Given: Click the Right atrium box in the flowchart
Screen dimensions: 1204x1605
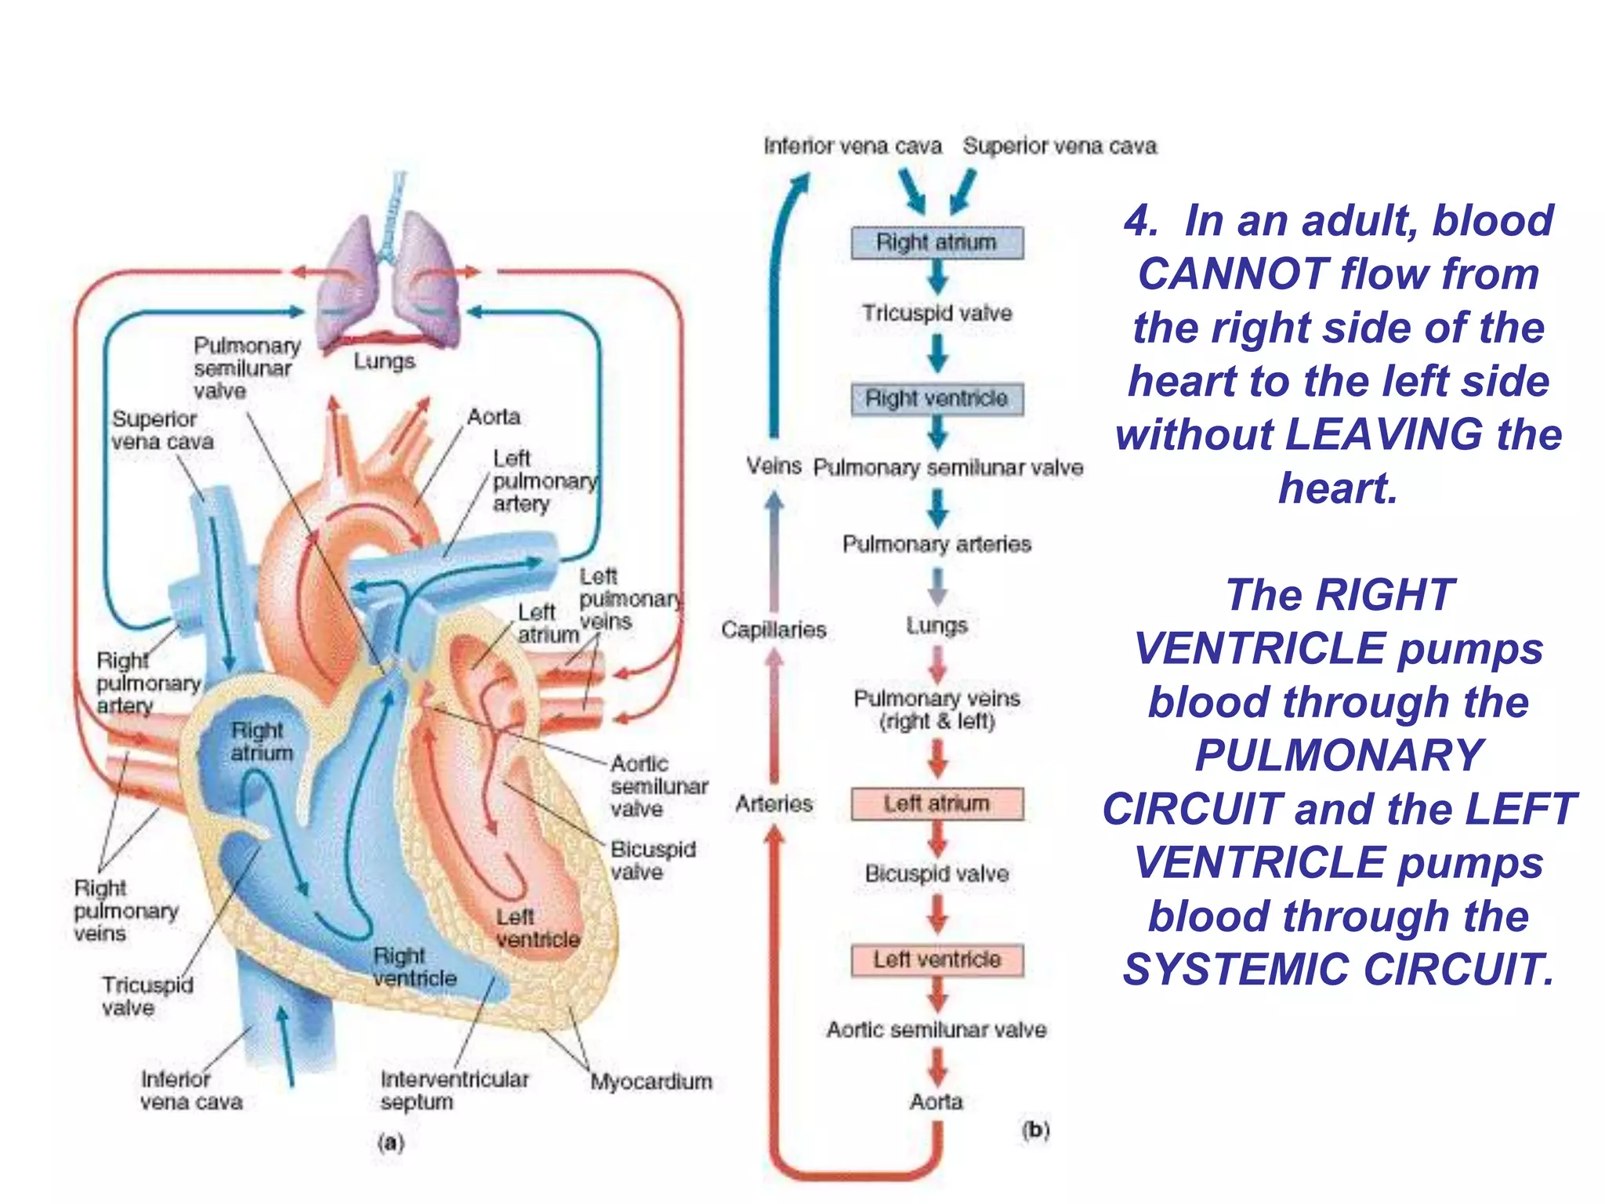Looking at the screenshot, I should [x=937, y=242].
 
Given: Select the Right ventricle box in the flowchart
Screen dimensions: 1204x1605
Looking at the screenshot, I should [x=937, y=398].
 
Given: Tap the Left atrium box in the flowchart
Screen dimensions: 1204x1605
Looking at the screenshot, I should [x=937, y=803].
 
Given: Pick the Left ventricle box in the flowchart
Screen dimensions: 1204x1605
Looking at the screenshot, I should [x=937, y=959].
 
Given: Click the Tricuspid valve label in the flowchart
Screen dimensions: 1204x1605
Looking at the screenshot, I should [x=937, y=313].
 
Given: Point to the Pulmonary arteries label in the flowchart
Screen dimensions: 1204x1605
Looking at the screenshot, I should [x=937, y=544].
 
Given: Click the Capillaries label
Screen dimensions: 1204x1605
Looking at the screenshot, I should [x=774, y=629].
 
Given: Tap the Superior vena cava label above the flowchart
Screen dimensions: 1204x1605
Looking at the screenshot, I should [x=1060, y=146].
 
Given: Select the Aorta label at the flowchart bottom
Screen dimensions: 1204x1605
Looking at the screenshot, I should [x=936, y=1101].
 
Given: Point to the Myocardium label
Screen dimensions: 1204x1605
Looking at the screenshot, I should [x=651, y=1082].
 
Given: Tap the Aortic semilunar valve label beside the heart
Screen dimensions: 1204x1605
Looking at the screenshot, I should [x=658, y=785].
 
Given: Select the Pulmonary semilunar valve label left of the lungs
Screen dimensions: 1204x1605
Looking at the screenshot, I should [x=245, y=368].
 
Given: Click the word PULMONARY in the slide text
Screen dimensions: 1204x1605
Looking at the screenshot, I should [x=1339, y=756].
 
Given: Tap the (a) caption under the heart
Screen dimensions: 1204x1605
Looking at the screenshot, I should [x=390, y=1142].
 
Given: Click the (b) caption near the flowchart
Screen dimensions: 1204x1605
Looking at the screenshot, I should [x=1035, y=1130].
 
